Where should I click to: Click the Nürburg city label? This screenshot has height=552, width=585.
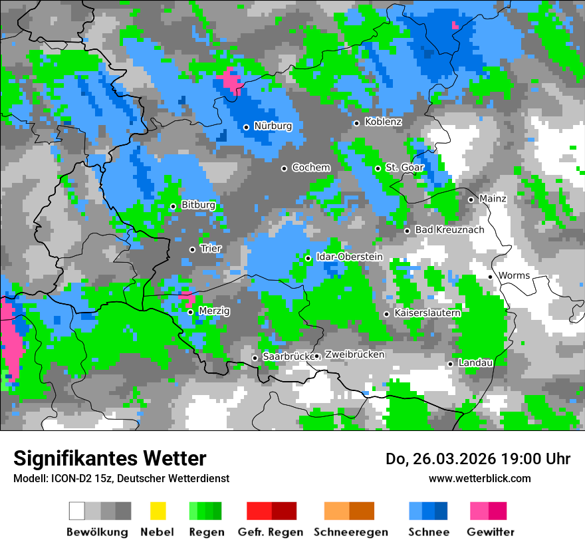[x=273, y=126]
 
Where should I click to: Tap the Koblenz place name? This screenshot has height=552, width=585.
[x=383, y=122]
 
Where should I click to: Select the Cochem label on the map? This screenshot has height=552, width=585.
[x=311, y=168]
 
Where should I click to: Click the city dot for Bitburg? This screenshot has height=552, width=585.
[x=173, y=206]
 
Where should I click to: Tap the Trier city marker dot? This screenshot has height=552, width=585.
[x=193, y=249]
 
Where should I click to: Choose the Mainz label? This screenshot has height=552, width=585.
[x=493, y=199]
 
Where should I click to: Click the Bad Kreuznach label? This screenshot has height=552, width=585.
[x=449, y=230]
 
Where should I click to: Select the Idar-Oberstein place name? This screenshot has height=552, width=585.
[x=349, y=257]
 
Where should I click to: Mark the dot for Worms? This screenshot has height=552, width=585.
[x=491, y=277]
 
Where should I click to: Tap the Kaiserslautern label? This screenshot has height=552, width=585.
[x=427, y=313]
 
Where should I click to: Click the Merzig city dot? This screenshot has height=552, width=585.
[x=190, y=312]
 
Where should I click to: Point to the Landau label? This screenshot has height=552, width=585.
[x=475, y=362]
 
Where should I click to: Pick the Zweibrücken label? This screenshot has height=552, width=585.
[x=355, y=354]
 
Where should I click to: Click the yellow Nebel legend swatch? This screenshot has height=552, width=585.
[x=158, y=511]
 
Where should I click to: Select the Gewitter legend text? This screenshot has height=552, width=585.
[x=491, y=532]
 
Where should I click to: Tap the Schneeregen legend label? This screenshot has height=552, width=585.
[x=351, y=532]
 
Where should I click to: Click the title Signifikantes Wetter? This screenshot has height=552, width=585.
[x=110, y=458]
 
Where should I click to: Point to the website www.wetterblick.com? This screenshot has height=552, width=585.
[x=479, y=478]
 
